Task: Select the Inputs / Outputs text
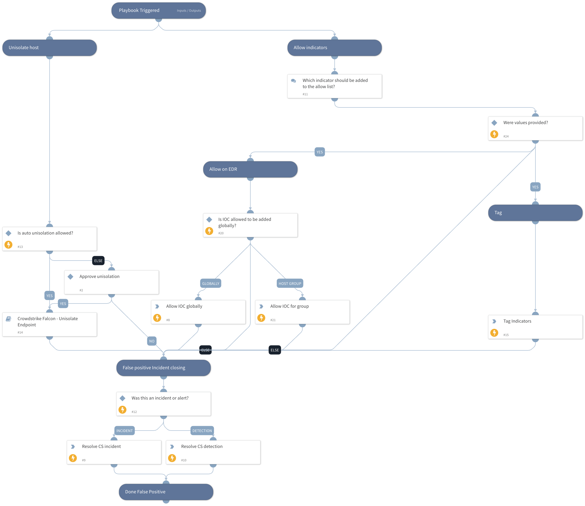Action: [189, 11]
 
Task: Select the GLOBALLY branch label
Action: [211, 284]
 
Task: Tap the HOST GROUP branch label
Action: [290, 284]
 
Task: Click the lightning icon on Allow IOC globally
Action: [157, 318]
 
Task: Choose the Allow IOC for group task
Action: [302, 312]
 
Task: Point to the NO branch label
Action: [152, 341]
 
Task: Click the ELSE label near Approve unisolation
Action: [98, 261]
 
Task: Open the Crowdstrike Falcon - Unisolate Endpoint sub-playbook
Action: [49, 324]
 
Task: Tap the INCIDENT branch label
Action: [124, 431]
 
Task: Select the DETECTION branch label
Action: [202, 431]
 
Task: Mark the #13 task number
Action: [20, 247]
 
